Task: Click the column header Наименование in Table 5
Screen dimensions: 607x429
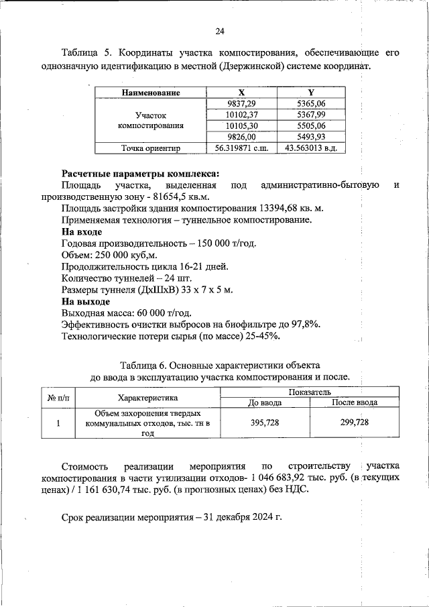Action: pos(151,92)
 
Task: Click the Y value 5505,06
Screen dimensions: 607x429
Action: pos(311,125)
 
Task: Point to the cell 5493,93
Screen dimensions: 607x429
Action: pos(311,137)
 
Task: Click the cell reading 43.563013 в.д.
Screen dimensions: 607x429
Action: pos(311,148)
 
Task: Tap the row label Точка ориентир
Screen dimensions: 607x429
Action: pos(151,148)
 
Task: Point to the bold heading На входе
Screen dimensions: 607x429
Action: pos(81,231)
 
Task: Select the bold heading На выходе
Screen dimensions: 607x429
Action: pos(85,301)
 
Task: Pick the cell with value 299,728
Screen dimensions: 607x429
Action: pos(355,423)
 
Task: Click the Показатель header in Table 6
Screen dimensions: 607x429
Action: pos(309,392)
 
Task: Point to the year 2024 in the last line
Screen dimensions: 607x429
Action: pos(260,518)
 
